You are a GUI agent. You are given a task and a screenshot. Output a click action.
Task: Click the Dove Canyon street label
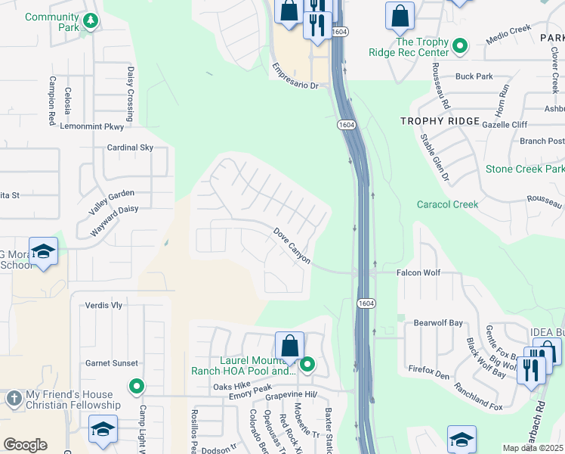292,246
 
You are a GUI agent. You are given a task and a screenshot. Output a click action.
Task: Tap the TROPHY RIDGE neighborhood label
440,121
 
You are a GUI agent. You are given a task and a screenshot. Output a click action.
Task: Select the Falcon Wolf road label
418,272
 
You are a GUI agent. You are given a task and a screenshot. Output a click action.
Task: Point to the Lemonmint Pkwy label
92,127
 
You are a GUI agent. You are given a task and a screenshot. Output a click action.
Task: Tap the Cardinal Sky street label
130,148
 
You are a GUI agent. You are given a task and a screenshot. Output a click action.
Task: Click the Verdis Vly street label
103,306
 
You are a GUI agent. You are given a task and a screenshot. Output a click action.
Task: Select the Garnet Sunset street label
111,363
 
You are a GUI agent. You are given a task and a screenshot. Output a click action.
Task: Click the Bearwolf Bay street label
438,323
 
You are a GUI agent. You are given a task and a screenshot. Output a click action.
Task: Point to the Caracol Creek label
448,204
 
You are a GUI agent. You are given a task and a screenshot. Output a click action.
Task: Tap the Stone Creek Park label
524,169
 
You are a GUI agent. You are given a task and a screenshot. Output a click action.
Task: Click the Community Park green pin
91,20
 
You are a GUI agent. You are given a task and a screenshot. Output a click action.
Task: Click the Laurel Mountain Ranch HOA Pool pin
307,365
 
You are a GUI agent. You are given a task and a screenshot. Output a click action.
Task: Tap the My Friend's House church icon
14,398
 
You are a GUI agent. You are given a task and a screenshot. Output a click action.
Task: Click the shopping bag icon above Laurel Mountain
289,347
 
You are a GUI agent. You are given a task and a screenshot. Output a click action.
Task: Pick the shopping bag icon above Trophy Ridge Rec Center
400,16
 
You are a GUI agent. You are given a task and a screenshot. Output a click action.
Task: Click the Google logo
25,444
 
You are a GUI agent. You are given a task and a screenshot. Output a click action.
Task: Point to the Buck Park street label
474,76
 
